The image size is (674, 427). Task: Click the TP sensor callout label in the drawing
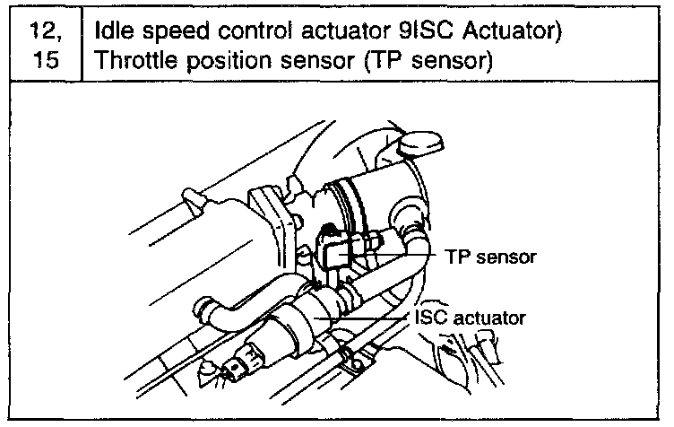[488, 257]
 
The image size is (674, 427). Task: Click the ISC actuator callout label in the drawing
[471, 318]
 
